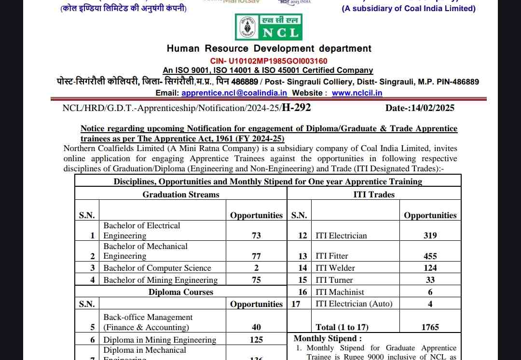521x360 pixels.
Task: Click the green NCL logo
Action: click(x=269, y=27)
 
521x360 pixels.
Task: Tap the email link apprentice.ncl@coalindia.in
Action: click(x=234, y=93)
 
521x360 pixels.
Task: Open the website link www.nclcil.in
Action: click(x=357, y=93)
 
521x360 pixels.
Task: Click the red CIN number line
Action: click(x=269, y=61)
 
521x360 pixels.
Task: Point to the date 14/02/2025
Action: click(x=433, y=108)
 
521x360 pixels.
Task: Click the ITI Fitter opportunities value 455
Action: click(x=430, y=256)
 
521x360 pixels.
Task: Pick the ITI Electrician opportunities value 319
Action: click(x=430, y=235)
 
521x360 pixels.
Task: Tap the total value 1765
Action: click(x=430, y=327)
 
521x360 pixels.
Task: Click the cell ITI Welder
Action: click(x=335, y=268)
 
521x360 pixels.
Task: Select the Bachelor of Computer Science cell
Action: click(x=157, y=268)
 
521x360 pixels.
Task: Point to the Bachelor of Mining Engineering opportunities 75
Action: click(x=256, y=280)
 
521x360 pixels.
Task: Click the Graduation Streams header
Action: click(x=181, y=194)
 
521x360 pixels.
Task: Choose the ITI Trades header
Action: click(x=374, y=194)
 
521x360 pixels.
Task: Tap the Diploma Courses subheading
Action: click(x=181, y=292)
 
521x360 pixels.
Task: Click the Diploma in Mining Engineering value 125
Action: click(x=256, y=340)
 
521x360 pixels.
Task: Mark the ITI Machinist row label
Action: click(x=340, y=292)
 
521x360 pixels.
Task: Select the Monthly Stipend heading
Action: click(x=328, y=339)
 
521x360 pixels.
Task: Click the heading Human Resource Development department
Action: click(x=269, y=49)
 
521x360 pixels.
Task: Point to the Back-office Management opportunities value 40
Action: click(x=256, y=327)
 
